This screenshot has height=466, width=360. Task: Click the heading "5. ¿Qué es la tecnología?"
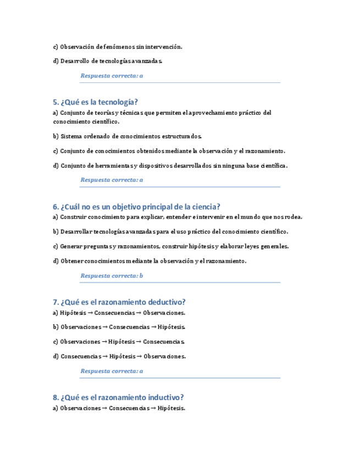point(95,102)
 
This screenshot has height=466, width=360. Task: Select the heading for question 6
point(136,207)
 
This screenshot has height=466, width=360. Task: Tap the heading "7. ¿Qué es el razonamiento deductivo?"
point(119,302)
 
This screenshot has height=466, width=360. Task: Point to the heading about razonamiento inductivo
point(118,397)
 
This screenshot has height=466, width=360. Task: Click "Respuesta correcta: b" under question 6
point(112,275)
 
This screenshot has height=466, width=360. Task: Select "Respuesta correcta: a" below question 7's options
point(112,371)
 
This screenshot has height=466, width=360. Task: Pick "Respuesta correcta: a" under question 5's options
point(112,180)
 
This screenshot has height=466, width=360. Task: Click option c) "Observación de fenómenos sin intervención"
point(117,47)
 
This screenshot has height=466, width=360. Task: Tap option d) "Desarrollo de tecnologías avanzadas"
point(108,61)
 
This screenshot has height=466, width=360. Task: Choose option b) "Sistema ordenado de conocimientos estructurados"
point(128,136)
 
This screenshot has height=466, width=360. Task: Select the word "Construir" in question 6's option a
point(74,217)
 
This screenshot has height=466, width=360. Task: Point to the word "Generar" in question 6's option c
point(71,246)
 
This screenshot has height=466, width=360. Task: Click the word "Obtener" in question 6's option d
point(71,261)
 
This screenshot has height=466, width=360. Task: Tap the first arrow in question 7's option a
point(91,313)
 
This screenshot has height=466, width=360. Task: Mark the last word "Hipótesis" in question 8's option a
point(171,408)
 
